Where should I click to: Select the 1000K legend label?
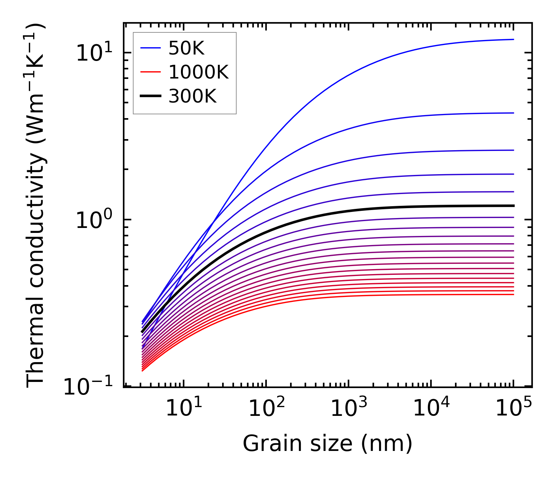[198, 72]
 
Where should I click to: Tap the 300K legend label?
[192, 96]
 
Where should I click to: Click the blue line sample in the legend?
[151, 48]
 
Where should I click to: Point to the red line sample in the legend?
[151, 72]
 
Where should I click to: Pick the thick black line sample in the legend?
[151, 96]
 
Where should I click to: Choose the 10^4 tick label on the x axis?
[431, 407]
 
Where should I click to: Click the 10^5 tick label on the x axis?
[513, 407]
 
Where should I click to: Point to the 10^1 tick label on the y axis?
[94, 53]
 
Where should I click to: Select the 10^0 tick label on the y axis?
[94, 220]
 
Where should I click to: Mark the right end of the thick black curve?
[514, 206]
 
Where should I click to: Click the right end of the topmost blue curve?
[514, 39]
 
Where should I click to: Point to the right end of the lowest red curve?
[514, 294]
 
